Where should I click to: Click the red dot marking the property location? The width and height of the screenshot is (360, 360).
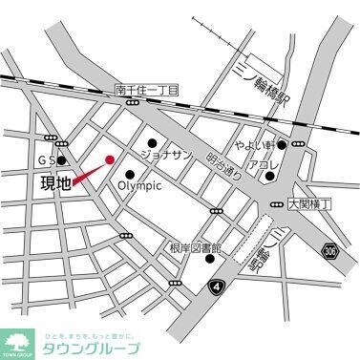(x=109, y=159)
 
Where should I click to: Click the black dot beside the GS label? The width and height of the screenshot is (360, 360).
(x=64, y=160)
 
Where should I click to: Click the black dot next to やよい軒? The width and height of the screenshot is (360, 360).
(x=283, y=145)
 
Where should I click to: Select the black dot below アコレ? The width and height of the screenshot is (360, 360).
(x=271, y=176)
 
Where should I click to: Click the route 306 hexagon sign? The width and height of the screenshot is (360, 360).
(x=330, y=250)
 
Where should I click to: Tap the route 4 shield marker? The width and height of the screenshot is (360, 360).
(x=222, y=286)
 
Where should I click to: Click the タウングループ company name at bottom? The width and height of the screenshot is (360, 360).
(x=91, y=345)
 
